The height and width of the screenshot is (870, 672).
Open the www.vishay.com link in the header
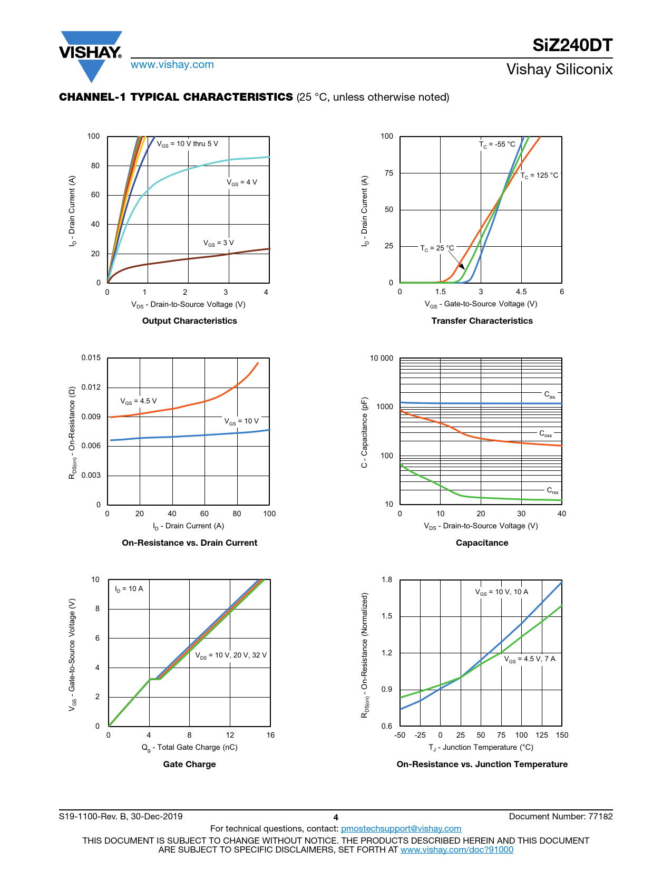point(172,65)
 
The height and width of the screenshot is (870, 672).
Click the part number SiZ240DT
point(572,46)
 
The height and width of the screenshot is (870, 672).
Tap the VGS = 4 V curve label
point(242,182)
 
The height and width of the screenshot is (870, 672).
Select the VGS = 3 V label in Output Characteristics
point(219,243)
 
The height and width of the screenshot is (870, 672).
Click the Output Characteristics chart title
point(190,321)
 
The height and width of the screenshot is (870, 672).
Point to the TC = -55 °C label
point(497,144)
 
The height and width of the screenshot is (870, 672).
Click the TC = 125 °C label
point(539,176)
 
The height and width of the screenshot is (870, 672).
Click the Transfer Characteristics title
point(482,321)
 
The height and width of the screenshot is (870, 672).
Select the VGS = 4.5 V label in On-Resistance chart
point(139,401)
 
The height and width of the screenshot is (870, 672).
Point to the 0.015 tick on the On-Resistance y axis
point(91,358)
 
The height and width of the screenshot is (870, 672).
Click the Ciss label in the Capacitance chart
point(550,395)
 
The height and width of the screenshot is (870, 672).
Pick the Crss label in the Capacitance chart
point(552,491)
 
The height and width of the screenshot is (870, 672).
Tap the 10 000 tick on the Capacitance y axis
point(382,359)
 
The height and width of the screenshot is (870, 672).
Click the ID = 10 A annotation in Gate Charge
point(129,589)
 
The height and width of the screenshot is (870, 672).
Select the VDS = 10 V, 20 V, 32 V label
point(231,655)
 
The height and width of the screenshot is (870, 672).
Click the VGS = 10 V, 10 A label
point(502,592)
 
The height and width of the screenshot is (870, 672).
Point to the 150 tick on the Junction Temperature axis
point(562,735)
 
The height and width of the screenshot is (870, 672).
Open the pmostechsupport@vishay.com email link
point(401,829)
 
